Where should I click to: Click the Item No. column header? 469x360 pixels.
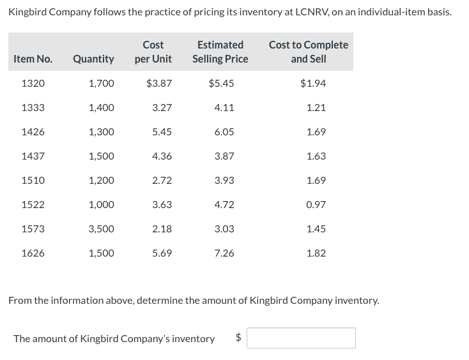(33, 59)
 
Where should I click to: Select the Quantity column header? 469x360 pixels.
(93, 59)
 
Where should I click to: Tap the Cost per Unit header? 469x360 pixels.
(153, 52)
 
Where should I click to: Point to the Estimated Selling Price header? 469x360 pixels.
(220, 52)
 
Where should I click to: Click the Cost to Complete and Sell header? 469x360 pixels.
(309, 52)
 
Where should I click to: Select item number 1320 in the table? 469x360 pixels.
(33, 84)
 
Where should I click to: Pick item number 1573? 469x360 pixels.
(33, 229)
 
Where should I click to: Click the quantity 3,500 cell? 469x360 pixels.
(101, 229)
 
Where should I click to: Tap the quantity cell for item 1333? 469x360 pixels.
(101, 108)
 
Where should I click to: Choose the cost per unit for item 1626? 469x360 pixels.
(162, 253)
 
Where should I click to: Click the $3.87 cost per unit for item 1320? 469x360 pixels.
(158, 84)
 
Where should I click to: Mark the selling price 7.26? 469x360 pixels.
(224, 253)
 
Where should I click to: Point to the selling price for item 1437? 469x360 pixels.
(224, 156)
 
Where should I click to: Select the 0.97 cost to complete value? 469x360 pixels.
(316, 205)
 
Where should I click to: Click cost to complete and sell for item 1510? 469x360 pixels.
(316, 181)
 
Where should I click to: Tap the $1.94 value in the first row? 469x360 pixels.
(313, 84)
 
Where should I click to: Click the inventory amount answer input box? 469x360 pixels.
(301, 338)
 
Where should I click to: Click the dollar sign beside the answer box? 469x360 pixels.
(239, 338)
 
